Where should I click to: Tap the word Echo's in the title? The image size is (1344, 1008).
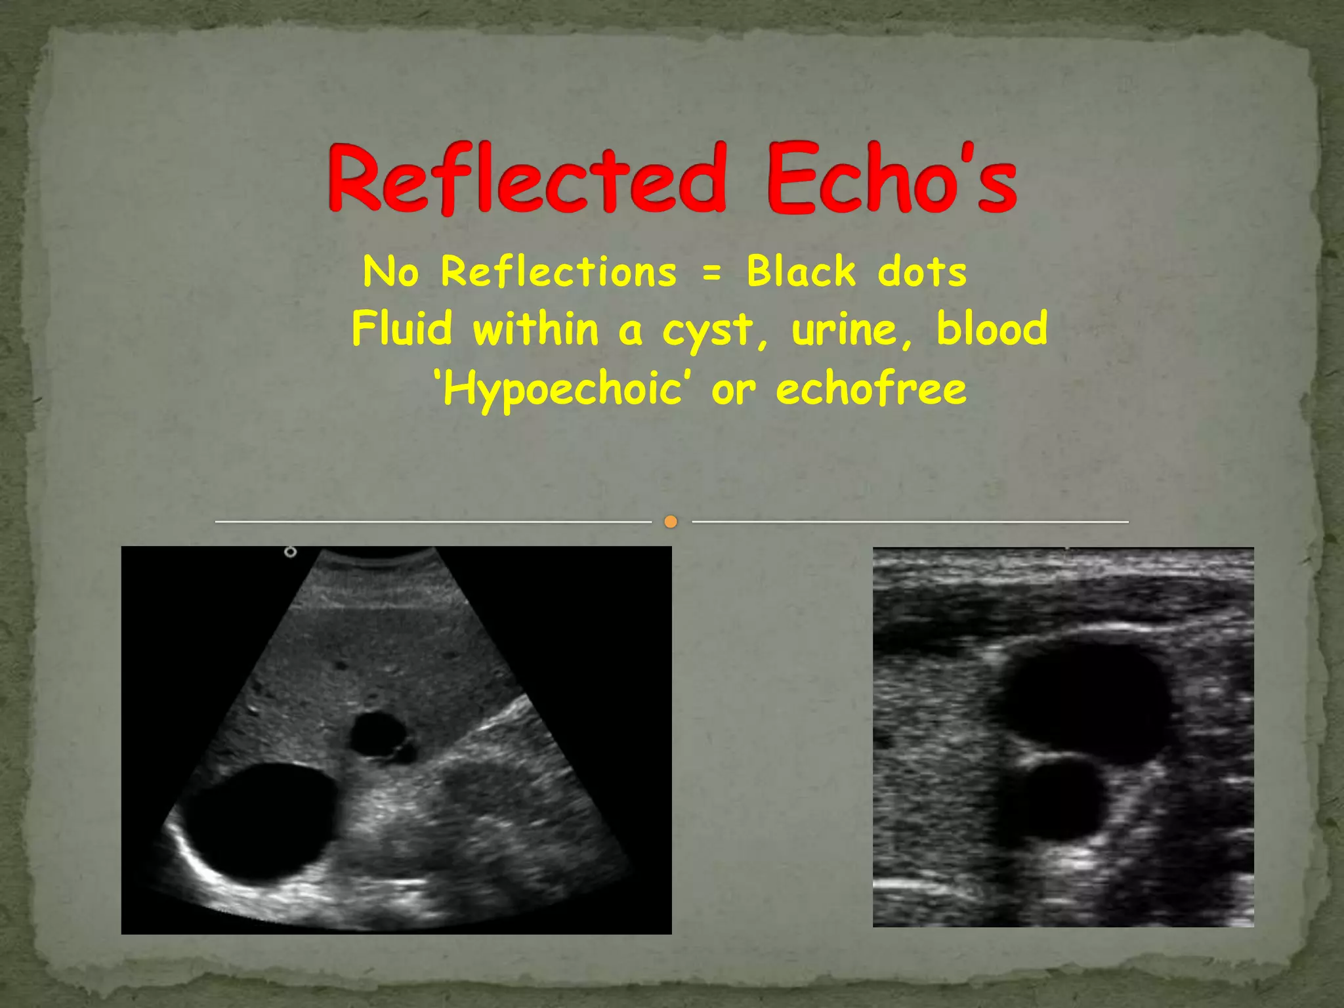point(891,179)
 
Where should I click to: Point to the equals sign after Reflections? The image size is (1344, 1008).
point(711,273)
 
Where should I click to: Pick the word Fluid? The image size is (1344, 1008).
point(402,328)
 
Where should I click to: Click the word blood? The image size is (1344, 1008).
point(992,328)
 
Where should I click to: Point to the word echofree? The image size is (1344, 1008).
point(871,388)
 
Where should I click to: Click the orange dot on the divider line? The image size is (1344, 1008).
point(671,522)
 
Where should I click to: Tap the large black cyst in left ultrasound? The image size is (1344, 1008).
point(260,820)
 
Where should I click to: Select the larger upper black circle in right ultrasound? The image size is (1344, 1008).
point(1086,701)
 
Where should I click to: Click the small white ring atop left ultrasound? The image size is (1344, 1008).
point(290,553)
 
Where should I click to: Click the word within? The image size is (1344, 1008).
point(535,328)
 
